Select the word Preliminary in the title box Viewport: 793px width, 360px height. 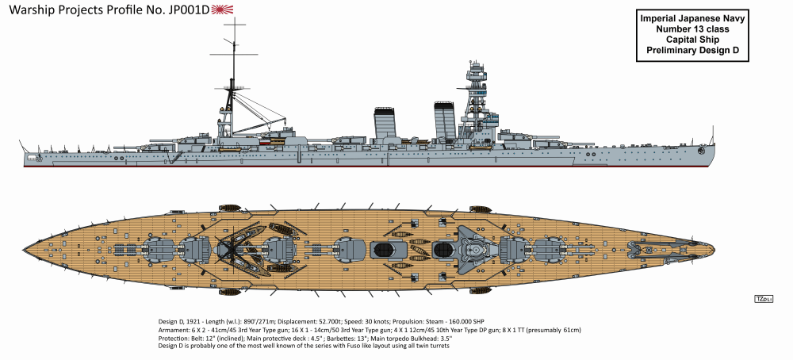tap(665, 52)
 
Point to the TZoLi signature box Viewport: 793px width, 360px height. tap(764, 298)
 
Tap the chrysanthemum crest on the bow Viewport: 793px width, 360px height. tap(699, 149)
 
